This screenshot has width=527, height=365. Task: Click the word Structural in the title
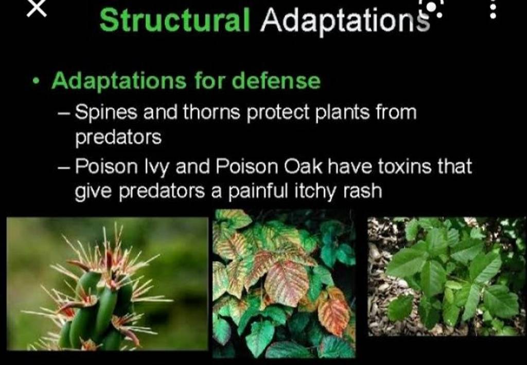174,20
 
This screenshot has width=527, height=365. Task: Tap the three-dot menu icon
493,9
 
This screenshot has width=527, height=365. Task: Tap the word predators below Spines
118,137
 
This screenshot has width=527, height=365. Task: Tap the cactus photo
107,284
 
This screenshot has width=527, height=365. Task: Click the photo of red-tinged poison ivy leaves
284,284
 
